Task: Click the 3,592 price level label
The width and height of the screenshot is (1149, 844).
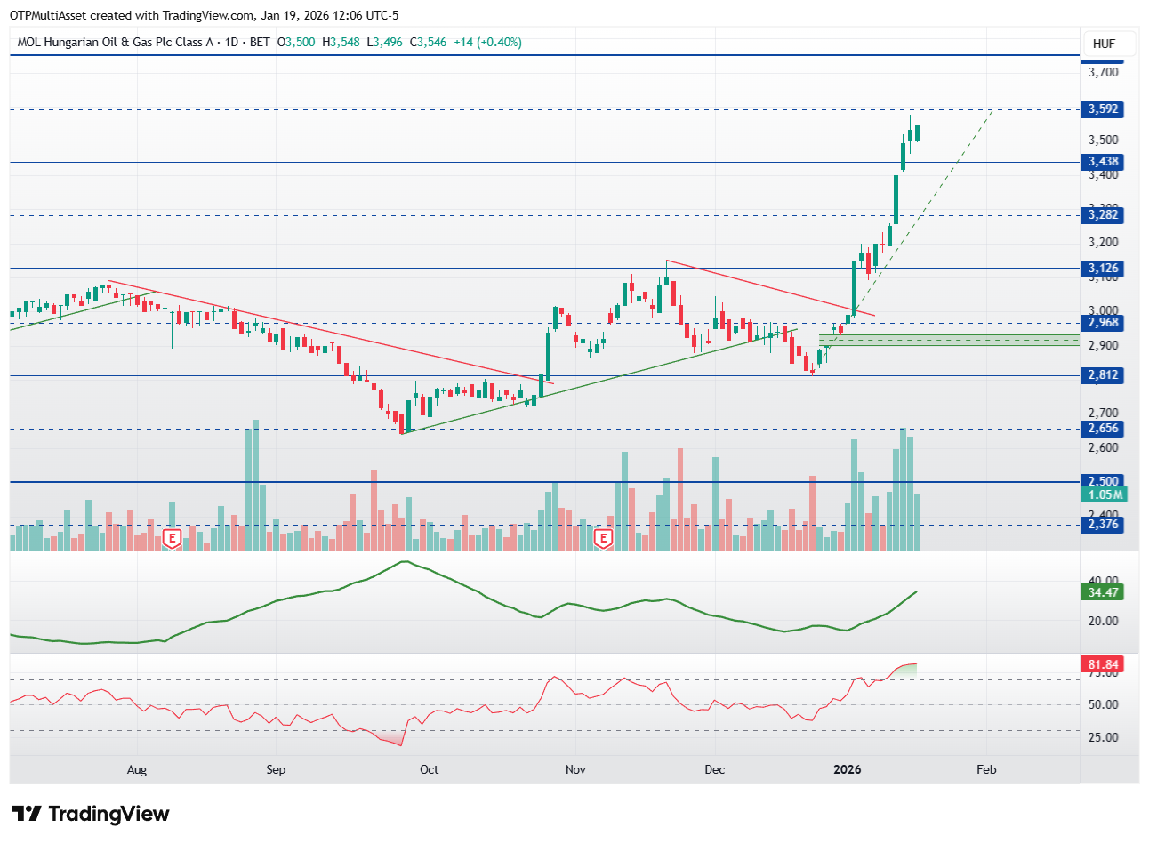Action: [x=1103, y=109]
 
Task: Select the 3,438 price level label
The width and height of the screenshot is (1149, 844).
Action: [x=1103, y=162]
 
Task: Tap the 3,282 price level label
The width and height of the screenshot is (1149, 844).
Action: [x=1103, y=214]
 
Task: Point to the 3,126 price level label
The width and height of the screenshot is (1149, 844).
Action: [x=1103, y=268]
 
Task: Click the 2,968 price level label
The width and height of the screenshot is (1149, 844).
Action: [x=1103, y=322]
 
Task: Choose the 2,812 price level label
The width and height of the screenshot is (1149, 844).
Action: [x=1103, y=375]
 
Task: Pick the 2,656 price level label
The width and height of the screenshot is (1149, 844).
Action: [x=1103, y=429]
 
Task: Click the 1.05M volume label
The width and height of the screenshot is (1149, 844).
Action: [x=1105, y=494]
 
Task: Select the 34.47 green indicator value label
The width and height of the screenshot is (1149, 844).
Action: [x=1103, y=592]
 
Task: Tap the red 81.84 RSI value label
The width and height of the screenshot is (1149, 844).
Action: [x=1103, y=664]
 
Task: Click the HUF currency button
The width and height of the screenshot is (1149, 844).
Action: [x=1104, y=44]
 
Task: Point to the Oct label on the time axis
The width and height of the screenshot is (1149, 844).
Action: [x=429, y=769]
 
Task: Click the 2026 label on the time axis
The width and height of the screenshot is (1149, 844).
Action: [x=847, y=769]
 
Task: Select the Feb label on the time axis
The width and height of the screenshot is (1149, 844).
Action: [x=986, y=769]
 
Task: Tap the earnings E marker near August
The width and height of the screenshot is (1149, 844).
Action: [x=173, y=538]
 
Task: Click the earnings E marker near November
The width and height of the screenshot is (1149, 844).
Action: [x=604, y=538]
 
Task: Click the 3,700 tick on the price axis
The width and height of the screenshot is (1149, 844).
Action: [x=1103, y=72]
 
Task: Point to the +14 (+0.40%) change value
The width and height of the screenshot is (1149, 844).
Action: [x=487, y=42]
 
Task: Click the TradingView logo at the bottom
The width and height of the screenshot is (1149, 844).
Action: [x=90, y=814]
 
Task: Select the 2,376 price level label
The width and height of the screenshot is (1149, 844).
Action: [x=1103, y=525]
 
